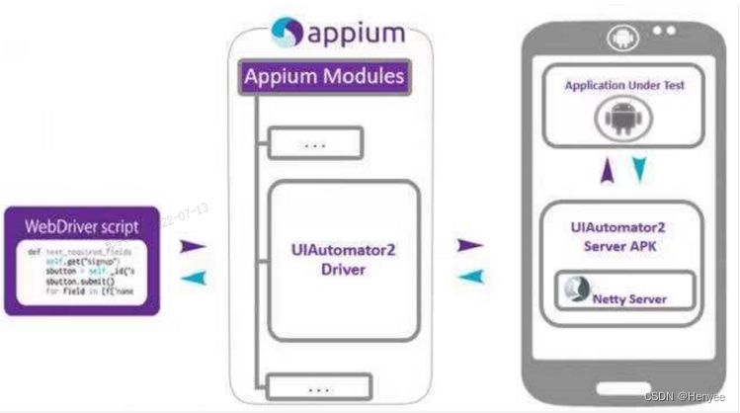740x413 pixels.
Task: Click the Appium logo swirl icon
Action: click(286, 30)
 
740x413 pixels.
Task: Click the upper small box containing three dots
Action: click(315, 144)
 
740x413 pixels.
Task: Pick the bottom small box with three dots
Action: click(315, 385)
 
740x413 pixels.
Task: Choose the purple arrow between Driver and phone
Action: click(470, 244)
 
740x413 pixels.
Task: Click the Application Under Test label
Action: click(624, 86)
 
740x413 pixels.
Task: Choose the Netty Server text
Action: click(635, 298)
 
